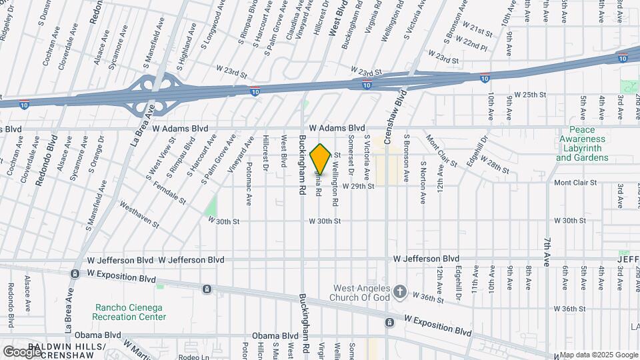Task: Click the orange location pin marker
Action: coord(321,159)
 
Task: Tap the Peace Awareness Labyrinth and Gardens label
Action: coord(582,144)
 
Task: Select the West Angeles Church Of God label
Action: coord(361,292)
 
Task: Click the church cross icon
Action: coord(399,291)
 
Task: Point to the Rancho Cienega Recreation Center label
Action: coord(131,312)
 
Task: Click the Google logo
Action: coord(21,351)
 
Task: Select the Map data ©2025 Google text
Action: coord(598,355)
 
